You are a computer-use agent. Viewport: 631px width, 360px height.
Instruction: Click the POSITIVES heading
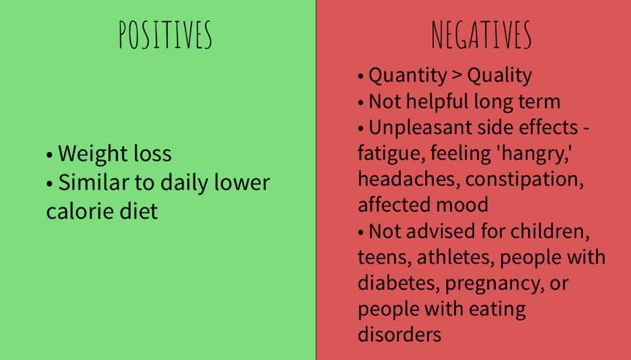click(165, 35)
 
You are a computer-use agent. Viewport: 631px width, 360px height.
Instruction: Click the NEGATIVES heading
click(481, 35)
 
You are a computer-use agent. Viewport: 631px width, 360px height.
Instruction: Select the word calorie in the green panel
click(80, 211)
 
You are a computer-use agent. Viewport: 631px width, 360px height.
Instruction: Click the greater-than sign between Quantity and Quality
click(456, 76)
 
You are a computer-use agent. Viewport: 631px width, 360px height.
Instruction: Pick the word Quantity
click(408, 76)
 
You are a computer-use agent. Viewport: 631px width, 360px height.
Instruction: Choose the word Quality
click(500, 76)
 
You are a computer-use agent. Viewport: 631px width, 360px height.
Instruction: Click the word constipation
click(525, 180)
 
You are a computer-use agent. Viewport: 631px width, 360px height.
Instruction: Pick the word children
click(550, 232)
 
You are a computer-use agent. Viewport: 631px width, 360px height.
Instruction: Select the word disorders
click(399, 334)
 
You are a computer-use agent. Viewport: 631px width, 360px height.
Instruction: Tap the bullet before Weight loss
click(50, 155)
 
